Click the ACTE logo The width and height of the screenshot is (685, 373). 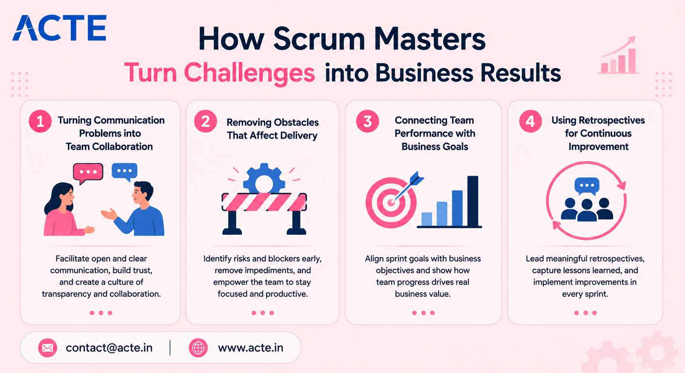(x=60, y=28)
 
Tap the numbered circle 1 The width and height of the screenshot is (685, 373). (x=40, y=121)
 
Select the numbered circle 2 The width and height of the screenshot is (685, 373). (x=206, y=121)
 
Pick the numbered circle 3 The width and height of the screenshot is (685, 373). (x=368, y=121)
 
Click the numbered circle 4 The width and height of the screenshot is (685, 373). (x=531, y=121)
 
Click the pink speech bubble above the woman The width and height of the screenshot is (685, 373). (x=88, y=173)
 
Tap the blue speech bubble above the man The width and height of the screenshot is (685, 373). (x=125, y=172)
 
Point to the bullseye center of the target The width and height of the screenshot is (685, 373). (x=391, y=202)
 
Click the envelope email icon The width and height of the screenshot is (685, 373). (x=48, y=348)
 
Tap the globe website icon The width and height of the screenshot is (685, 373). (x=198, y=348)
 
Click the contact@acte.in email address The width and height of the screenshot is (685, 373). (x=109, y=348)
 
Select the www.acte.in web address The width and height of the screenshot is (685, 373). (x=251, y=348)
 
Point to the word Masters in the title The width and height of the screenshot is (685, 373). (x=430, y=39)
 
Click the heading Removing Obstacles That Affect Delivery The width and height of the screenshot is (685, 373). (x=273, y=128)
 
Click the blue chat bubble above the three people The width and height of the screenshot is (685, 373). (x=587, y=186)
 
